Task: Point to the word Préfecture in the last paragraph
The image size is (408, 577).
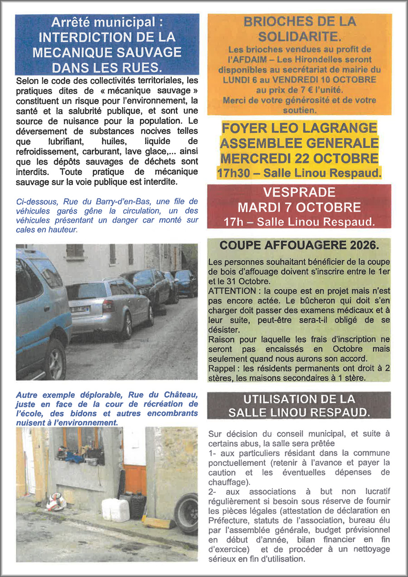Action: coord(228,520)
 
